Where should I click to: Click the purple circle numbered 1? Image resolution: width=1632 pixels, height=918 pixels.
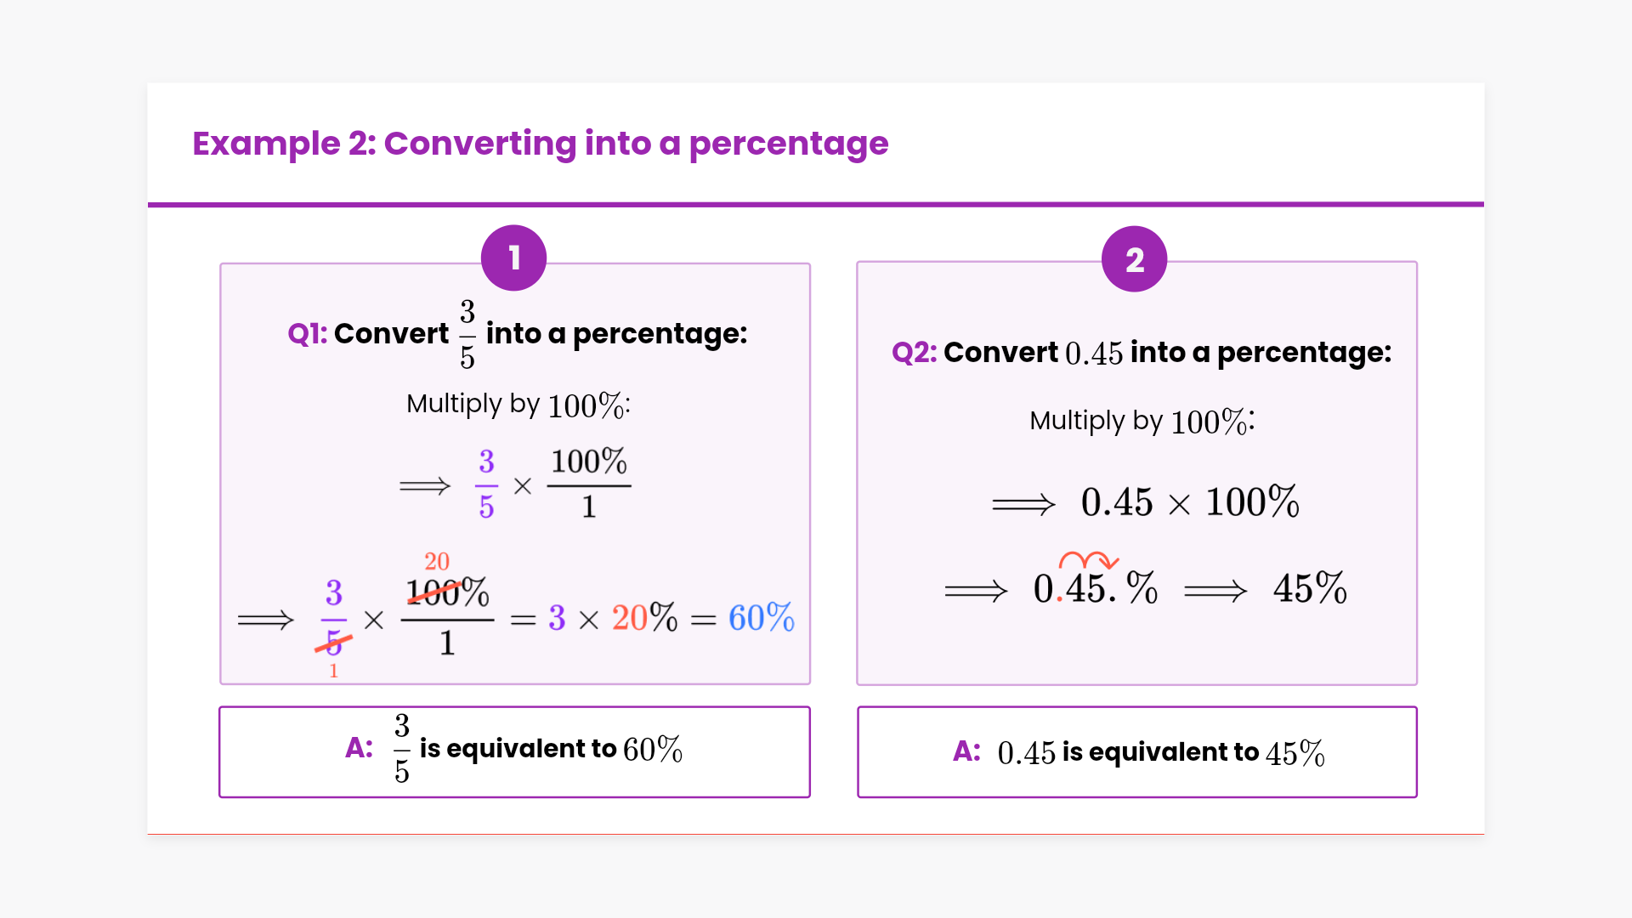coord(513,258)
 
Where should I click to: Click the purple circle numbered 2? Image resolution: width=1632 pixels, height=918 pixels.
coord(1134,260)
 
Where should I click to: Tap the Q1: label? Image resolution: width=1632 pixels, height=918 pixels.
coord(307,334)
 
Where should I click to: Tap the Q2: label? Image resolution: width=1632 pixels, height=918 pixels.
coord(914,353)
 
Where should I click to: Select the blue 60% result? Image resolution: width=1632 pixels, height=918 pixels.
coord(761,618)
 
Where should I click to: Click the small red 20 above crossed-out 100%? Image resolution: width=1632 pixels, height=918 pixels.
coord(437,562)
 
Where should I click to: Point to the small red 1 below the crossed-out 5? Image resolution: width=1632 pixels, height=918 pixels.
coord(333,671)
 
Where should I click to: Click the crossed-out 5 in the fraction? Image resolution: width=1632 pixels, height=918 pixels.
coord(333,643)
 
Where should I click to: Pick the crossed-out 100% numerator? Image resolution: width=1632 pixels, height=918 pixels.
coord(447,592)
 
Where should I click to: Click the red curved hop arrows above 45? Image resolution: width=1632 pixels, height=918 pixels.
coord(1088,560)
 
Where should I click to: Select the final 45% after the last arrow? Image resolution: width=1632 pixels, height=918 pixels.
coord(1309,588)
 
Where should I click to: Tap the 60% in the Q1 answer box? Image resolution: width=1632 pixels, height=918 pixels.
coord(652,750)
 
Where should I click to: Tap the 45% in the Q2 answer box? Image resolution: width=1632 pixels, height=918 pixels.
coord(1295,753)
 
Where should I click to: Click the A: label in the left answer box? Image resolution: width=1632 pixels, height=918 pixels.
coord(359,748)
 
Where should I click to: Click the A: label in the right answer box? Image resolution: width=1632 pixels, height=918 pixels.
coord(966,751)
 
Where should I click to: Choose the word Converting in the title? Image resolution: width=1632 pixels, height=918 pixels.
coord(479,144)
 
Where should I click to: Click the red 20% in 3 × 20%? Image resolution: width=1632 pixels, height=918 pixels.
coord(644,618)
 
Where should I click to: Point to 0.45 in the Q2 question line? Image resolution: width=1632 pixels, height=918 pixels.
coord(1093,354)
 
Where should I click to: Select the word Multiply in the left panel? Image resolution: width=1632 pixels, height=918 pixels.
coord(454,404)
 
